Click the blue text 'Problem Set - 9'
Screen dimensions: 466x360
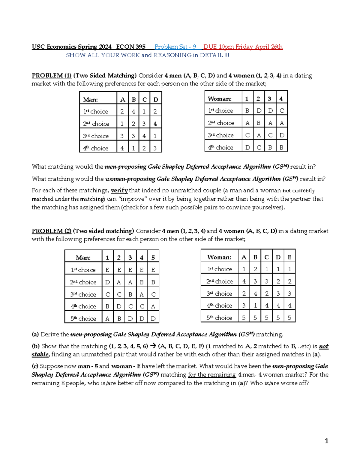tap(175, 47)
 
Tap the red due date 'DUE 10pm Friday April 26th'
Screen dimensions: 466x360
tap(243, 47)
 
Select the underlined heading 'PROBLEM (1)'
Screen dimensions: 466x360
tap(51, 76)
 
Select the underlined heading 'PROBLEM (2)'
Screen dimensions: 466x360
tap(51, 231)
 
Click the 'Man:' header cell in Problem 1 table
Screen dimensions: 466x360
tap(91, 100)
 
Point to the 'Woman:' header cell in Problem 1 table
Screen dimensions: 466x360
tap(220, 99)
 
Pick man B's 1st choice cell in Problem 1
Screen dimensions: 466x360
tap(133, 111)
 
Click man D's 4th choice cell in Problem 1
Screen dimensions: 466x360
tap(155, 148)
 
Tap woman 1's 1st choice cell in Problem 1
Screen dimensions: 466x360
tap(247, 111)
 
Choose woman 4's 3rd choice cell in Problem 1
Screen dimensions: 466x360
tap(281, 135)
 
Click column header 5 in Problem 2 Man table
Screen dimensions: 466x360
tap(153, 257)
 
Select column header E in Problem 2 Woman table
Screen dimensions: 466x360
tap(289, 257)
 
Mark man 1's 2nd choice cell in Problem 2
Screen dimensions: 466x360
tap(107, 282)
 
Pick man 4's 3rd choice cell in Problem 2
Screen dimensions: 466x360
tap(142, 294)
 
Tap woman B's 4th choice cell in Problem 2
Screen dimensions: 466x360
tap(255, 305)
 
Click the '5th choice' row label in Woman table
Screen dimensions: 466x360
tap(219, 318)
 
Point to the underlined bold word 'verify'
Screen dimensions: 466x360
tap(119, 191)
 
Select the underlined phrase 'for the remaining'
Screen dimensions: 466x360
tap(212, 375)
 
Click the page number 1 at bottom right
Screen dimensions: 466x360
tap(326, 441)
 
